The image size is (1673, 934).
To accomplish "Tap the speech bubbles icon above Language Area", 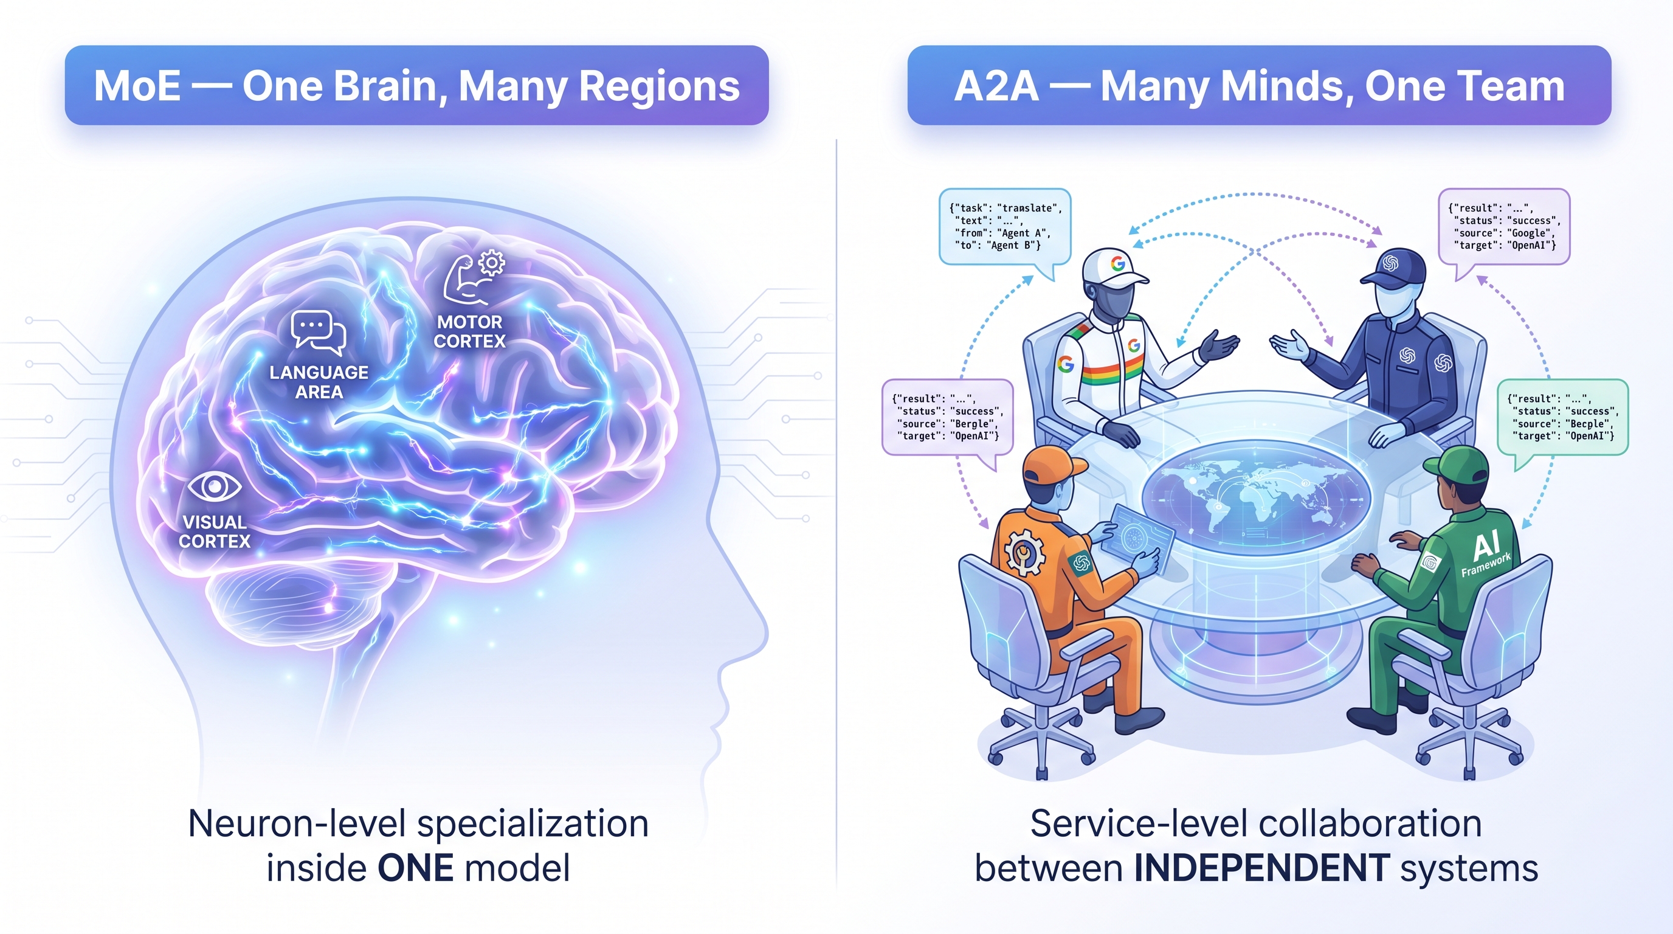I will point(318,333).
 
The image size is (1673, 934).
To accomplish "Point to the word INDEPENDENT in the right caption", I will point(1262,868).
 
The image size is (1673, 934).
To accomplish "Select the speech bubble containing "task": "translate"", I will point(1004,227).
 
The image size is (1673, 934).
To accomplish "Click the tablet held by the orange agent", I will point(1141,538).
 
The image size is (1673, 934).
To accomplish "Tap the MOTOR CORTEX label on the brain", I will point(469,331).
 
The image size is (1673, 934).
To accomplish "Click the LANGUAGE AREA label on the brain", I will point(319,382).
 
